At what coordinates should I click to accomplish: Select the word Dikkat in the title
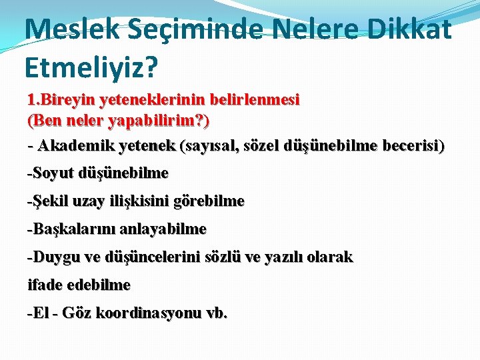coord(409,29)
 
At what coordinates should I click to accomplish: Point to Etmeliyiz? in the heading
coord(91,67)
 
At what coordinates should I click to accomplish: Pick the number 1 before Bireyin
coord(31,101)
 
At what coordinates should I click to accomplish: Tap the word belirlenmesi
coord(254,101)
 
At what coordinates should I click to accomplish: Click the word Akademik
coord(73,145)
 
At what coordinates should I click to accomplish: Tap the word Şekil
coord(47,201)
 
